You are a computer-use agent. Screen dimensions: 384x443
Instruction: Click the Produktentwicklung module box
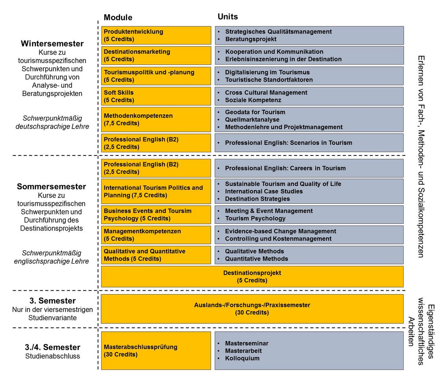[156, 35]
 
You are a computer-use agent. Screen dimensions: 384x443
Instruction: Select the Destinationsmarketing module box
[156, 55]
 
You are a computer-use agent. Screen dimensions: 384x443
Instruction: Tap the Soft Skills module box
[156, 96]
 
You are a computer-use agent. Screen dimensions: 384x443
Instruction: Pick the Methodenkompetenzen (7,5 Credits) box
[156, 120]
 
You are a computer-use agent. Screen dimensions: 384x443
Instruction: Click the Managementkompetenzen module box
[156, 235]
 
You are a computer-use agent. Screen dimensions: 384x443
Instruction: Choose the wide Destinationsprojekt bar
[252, 277]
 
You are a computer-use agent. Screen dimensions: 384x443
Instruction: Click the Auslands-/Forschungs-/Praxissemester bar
[252, 309]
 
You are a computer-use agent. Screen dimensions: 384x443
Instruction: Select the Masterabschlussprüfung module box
[156, 351]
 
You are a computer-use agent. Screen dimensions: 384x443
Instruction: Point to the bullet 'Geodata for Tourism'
[255, 112]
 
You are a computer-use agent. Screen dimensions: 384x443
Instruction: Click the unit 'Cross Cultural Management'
[266, 92]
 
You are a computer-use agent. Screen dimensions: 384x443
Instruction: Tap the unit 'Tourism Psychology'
[255, 218]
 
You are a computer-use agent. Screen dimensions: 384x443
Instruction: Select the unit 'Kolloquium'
[242, 358]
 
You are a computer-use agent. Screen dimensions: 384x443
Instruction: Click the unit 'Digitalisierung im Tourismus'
[267, 72]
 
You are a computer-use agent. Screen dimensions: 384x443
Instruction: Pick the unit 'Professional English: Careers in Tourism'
[285, 168]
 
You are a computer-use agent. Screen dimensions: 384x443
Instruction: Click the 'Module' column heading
[118, 17]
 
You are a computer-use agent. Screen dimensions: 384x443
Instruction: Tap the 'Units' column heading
[228, 17]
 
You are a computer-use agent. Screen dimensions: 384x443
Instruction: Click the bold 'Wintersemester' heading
[52, 44]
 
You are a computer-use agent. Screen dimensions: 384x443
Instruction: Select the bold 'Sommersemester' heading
[51, 186]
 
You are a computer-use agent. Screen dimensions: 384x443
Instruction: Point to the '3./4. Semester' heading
[52, 347]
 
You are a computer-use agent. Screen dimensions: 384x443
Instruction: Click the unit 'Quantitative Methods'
[256, 259]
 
